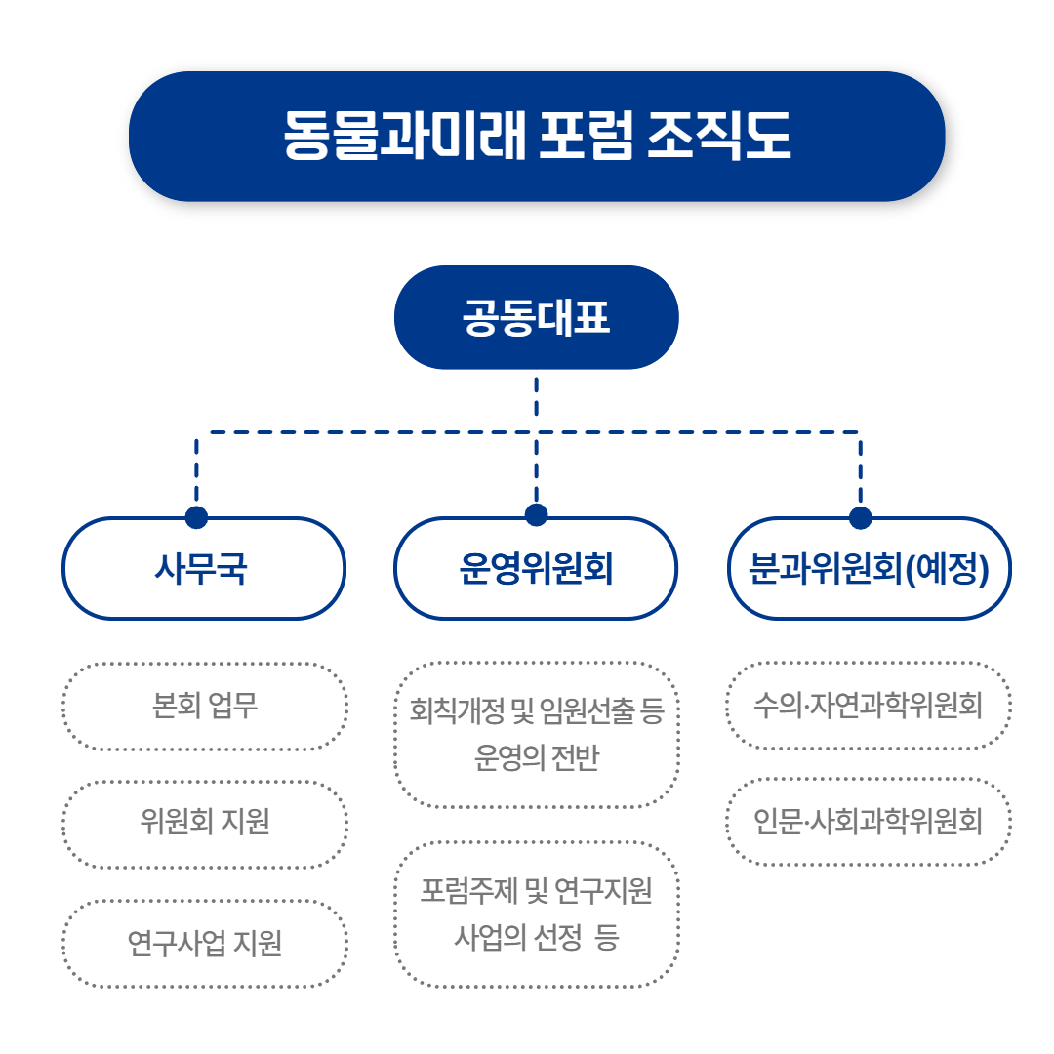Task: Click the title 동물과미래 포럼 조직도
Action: [536, 136]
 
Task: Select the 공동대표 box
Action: [536, 318]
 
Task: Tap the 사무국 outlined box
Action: [204, 569]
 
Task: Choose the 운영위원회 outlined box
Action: [536, 569]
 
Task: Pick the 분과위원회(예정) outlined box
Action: [869, 569]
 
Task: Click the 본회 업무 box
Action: [204, 706]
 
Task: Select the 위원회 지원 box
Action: [204, 823]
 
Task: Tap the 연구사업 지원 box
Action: [204, 943]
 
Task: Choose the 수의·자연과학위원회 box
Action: [869, 705]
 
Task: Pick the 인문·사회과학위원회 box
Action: [869, 822]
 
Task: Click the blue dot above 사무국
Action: [197, 516]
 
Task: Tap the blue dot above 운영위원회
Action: [536, 515]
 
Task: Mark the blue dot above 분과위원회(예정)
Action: [860, 517]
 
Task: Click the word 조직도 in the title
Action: [718, 136]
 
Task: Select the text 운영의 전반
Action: [536, 758]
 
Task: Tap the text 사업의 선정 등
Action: [536, 938]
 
